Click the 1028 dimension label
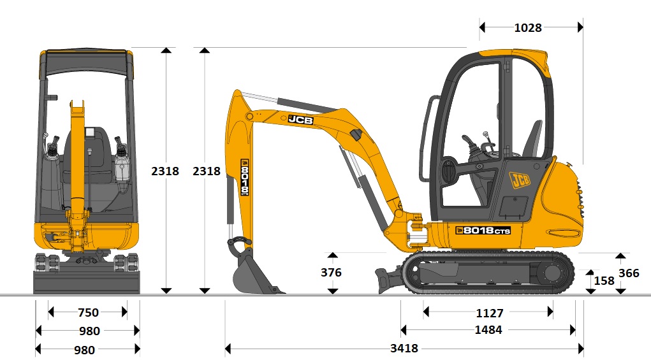point(528,28)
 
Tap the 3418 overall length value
point(404,348)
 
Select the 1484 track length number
point(488,329)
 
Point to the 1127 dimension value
point(490,313)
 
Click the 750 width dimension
point(88,312)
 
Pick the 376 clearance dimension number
point(331,273)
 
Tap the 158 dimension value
point(604,281)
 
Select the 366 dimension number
point(629,273)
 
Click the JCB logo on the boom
point(300,120)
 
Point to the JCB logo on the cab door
point(520,180)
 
